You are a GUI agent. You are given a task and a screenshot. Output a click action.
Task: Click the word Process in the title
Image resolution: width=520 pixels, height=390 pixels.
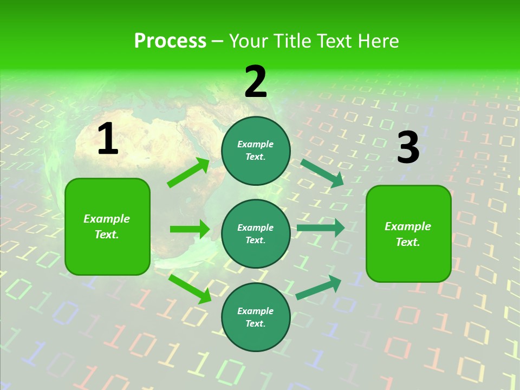pyautogui.click(x=170, y=41)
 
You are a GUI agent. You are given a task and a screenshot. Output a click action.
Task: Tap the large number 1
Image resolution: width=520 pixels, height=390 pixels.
pyautogui.click(x=107, y=139)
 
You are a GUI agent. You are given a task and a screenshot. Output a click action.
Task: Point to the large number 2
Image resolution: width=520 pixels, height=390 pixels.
pyautogui.click(x=256, y=82)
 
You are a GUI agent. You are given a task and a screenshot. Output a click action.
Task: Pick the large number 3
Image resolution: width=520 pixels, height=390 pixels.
pyautogui.click(x=408, y=148)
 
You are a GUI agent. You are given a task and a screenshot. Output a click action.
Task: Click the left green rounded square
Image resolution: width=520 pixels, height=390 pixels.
pyautogui.click(x=107, y=226)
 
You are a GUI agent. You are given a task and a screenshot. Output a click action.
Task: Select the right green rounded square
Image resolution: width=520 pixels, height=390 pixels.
pyautogui.click(x=408, y=233)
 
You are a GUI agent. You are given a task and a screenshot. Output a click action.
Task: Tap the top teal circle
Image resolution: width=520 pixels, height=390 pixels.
pyautogui.click(x=256, y=151)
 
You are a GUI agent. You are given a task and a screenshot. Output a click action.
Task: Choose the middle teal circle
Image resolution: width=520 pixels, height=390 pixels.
pyautogui.click(x=256, y=233)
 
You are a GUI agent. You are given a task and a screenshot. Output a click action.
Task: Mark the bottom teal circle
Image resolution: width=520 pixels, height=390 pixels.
pyautogui.click(x=256, y=317)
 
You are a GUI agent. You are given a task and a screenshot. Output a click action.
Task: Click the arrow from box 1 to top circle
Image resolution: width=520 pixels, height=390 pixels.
pyautogui.click(x=188, y=173)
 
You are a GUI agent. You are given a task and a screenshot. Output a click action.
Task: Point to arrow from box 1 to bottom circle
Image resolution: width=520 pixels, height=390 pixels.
pyautogui.click(x=190, y=289)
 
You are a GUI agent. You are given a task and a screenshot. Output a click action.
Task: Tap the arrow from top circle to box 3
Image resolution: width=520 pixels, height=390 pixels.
pyautogui.click(x=322, y=173)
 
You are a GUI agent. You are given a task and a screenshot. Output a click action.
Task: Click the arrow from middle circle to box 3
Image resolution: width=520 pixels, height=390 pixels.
pyautogui.click(x=320, y=227)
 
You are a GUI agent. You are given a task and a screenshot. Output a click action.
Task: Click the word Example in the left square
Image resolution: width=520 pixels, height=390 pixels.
pyautogui.click(x=107, y=219)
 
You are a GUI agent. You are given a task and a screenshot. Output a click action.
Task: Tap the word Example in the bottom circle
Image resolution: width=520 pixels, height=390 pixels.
pyautogui.click(x=255, y=311)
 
